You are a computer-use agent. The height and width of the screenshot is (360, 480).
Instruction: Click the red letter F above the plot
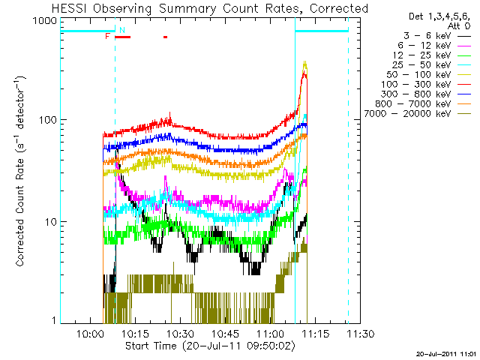[108, 36]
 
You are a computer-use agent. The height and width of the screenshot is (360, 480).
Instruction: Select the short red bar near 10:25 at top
[165, 37]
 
